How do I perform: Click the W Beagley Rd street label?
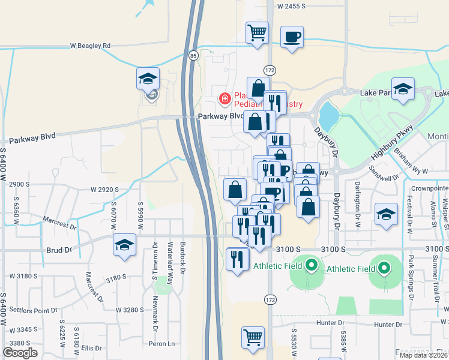[x=91, y=46]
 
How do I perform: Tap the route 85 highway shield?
[x=193, y=56]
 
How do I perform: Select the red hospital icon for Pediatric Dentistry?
[x=224, y=97]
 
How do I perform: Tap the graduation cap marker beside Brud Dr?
[x=125, y=244]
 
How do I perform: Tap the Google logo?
[x=20, y=352]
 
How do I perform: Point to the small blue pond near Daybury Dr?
[x=328, y=112]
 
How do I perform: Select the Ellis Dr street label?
[x=92, y=348]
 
